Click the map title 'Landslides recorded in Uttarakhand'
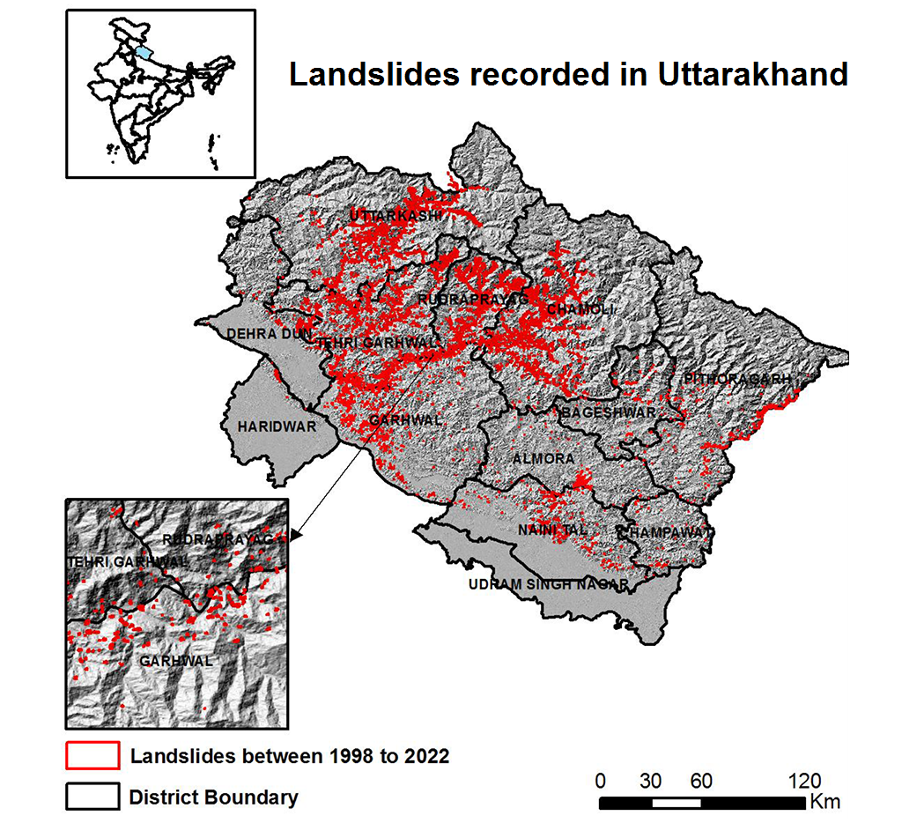click(568, 75)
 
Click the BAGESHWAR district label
click(608, 412)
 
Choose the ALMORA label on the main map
click(543, 459)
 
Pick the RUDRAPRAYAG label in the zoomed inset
click(224, 538)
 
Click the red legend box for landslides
click(92, 755)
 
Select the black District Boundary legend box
click(92, 797)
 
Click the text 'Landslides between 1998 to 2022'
click(289, 756)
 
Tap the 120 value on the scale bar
click(803, 781)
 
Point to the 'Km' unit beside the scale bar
click(826, 802)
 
